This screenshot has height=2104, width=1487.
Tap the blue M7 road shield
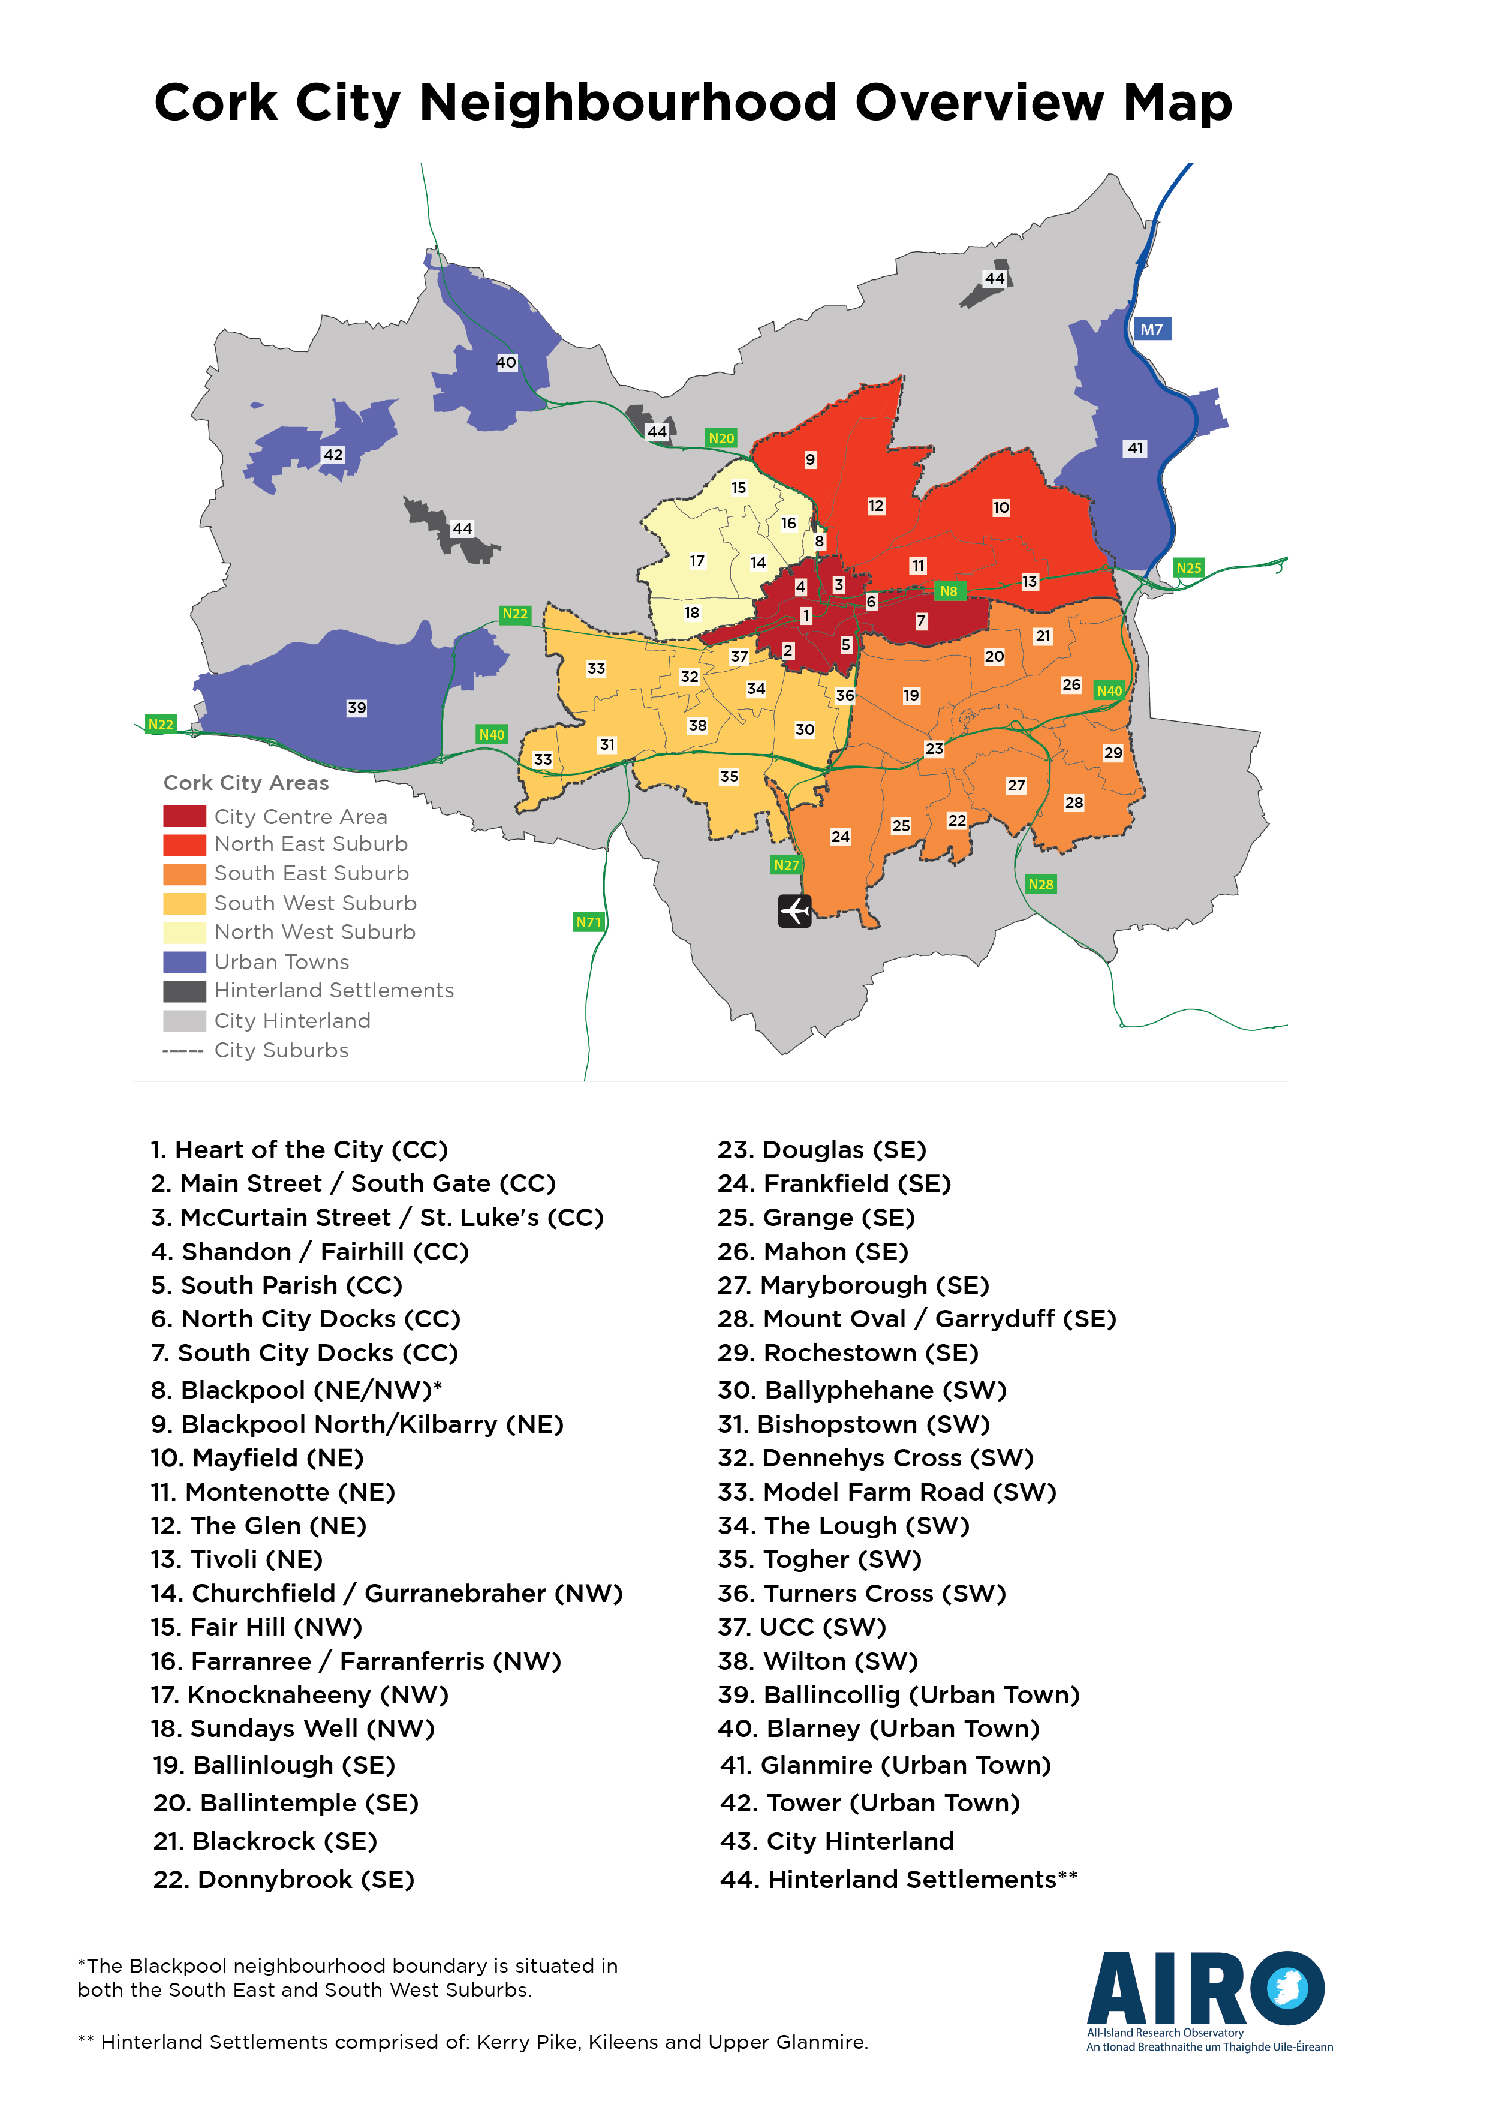[x=1152, y=329]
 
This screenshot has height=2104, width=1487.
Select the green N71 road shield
[x=588, y=922]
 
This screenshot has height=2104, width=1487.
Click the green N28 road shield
[x=1041, y=884]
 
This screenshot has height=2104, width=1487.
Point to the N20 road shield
[x=721, y=438]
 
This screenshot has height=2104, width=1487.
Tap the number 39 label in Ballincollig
[x=356, y=708]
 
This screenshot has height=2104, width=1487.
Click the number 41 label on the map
[x=1135, y=448]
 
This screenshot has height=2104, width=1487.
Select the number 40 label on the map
[x=505, y=362]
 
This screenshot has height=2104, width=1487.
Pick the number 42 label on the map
[x=333, y=455]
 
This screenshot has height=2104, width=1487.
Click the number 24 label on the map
[x=840, y=837]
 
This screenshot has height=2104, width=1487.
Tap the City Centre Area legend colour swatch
[x=184, y=816]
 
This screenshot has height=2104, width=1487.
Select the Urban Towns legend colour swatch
[x=184, y=962]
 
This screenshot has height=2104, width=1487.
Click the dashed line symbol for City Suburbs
[x=183, y=1050]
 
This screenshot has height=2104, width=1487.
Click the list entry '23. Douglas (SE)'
[x=822, y=1150]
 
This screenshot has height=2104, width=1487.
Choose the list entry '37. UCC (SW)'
[x=802, y=1627]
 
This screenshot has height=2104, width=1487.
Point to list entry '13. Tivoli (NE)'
[x=236, y=1559]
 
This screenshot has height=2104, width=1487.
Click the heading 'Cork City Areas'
[x=246, y=783]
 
